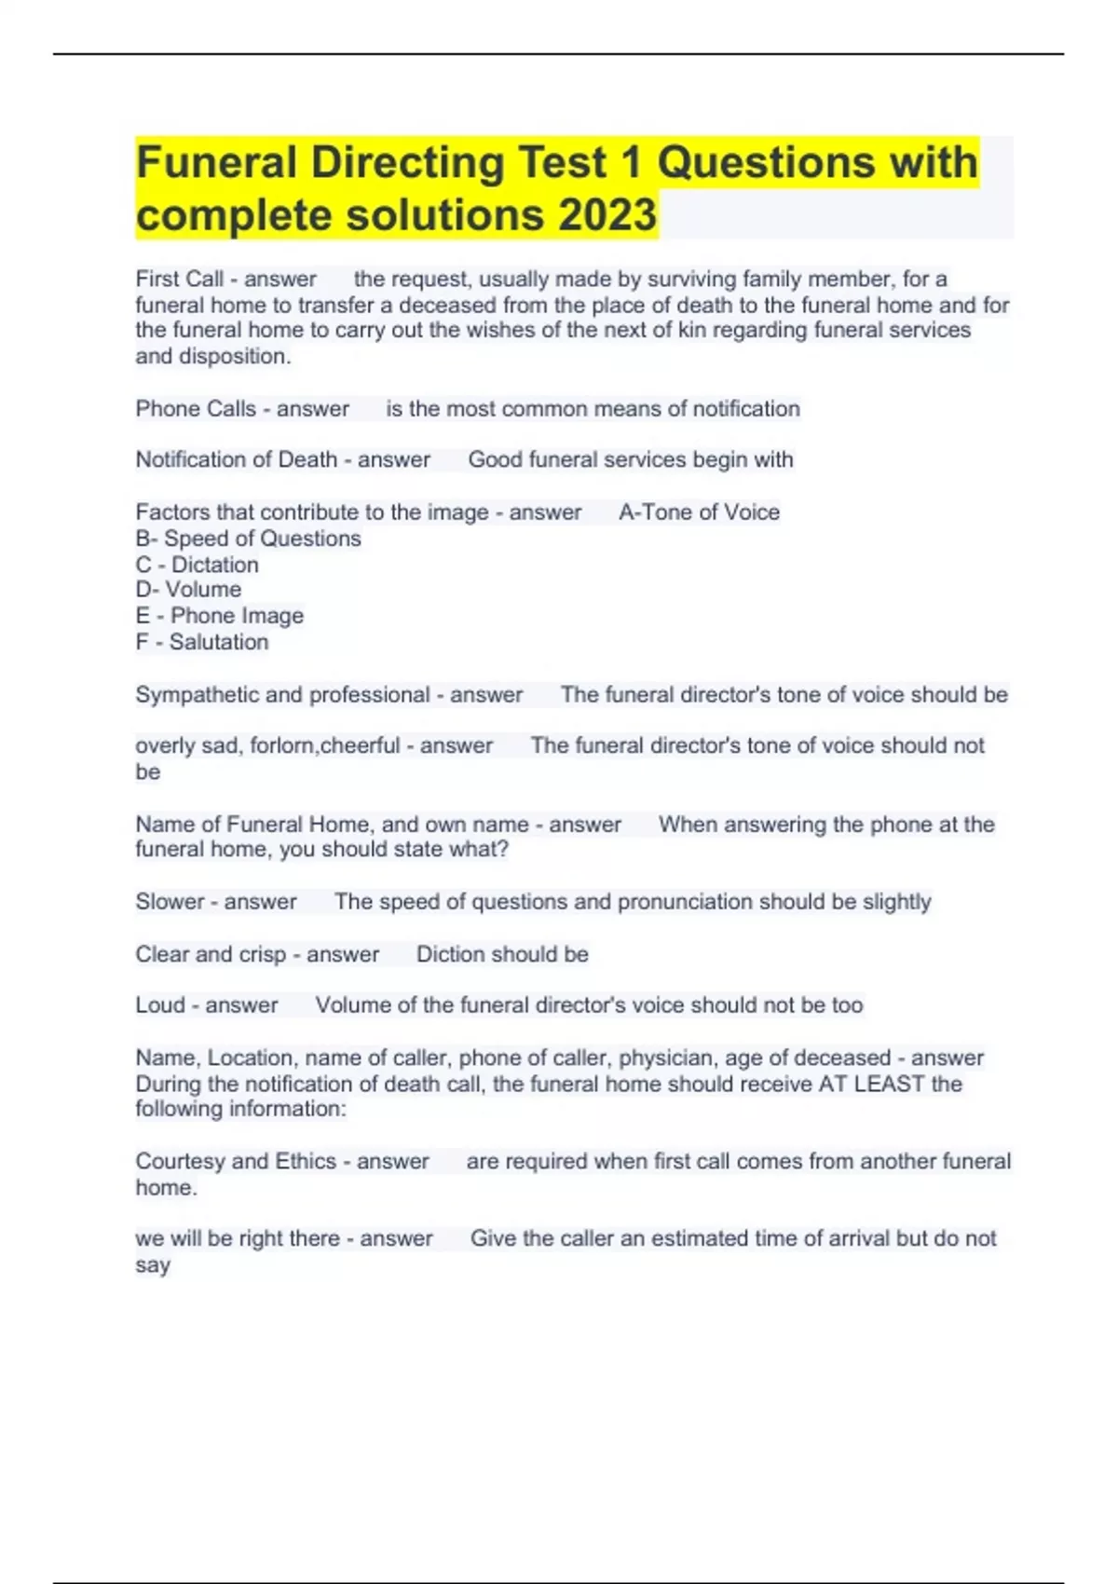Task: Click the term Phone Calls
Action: tap(196, 408)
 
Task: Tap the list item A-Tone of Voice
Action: tap(699, 512)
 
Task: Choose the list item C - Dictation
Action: tap(197, 565)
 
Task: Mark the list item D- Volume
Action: tap(188, 590)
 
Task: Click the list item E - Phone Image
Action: tap(220, 616)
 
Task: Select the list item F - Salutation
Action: tap(202, 642)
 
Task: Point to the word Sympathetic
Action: tap(197, 695)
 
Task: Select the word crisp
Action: tap(262, 954)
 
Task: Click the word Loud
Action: tap(160, 1004)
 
